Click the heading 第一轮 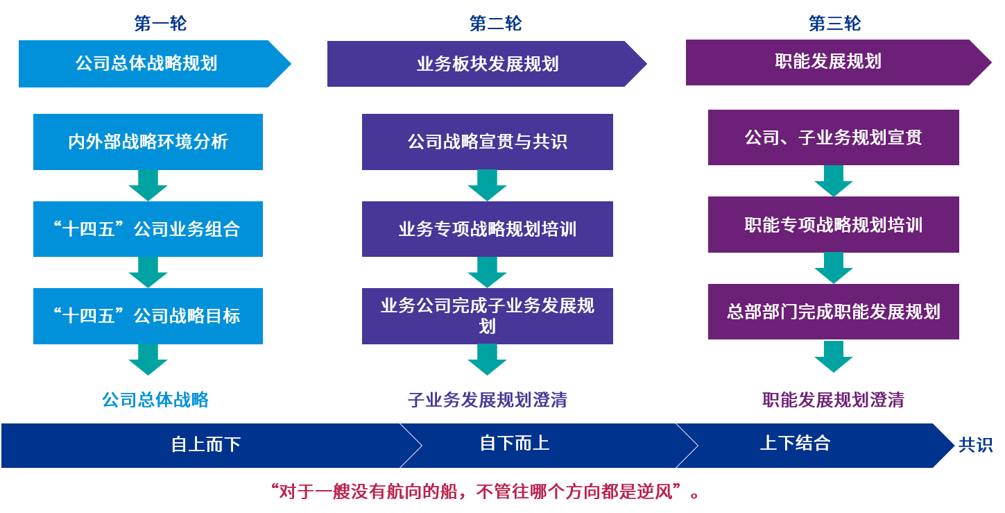coord(160,24)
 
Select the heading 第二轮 coord(495,24)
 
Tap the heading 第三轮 coord(834,24)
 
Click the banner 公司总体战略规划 coord(155,64)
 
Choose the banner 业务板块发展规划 coord(487,64)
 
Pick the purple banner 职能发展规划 coord(838,62)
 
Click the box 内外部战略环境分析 coord(148,142)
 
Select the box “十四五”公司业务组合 coord(148,229)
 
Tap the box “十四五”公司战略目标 coord(148,317)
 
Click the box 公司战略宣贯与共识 coord(488,142)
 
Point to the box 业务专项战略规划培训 coord(488,229)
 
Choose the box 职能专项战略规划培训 coord(834,225)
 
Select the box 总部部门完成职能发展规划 coord(834,312)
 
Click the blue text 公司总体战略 coord(155,400)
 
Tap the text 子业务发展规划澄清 coord(488,400)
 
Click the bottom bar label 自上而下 coord(206,445)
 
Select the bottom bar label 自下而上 coord(515,444)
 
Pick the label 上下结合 coord(795,444)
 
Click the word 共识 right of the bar coord(975,445)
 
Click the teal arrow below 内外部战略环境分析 coord(148,185)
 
